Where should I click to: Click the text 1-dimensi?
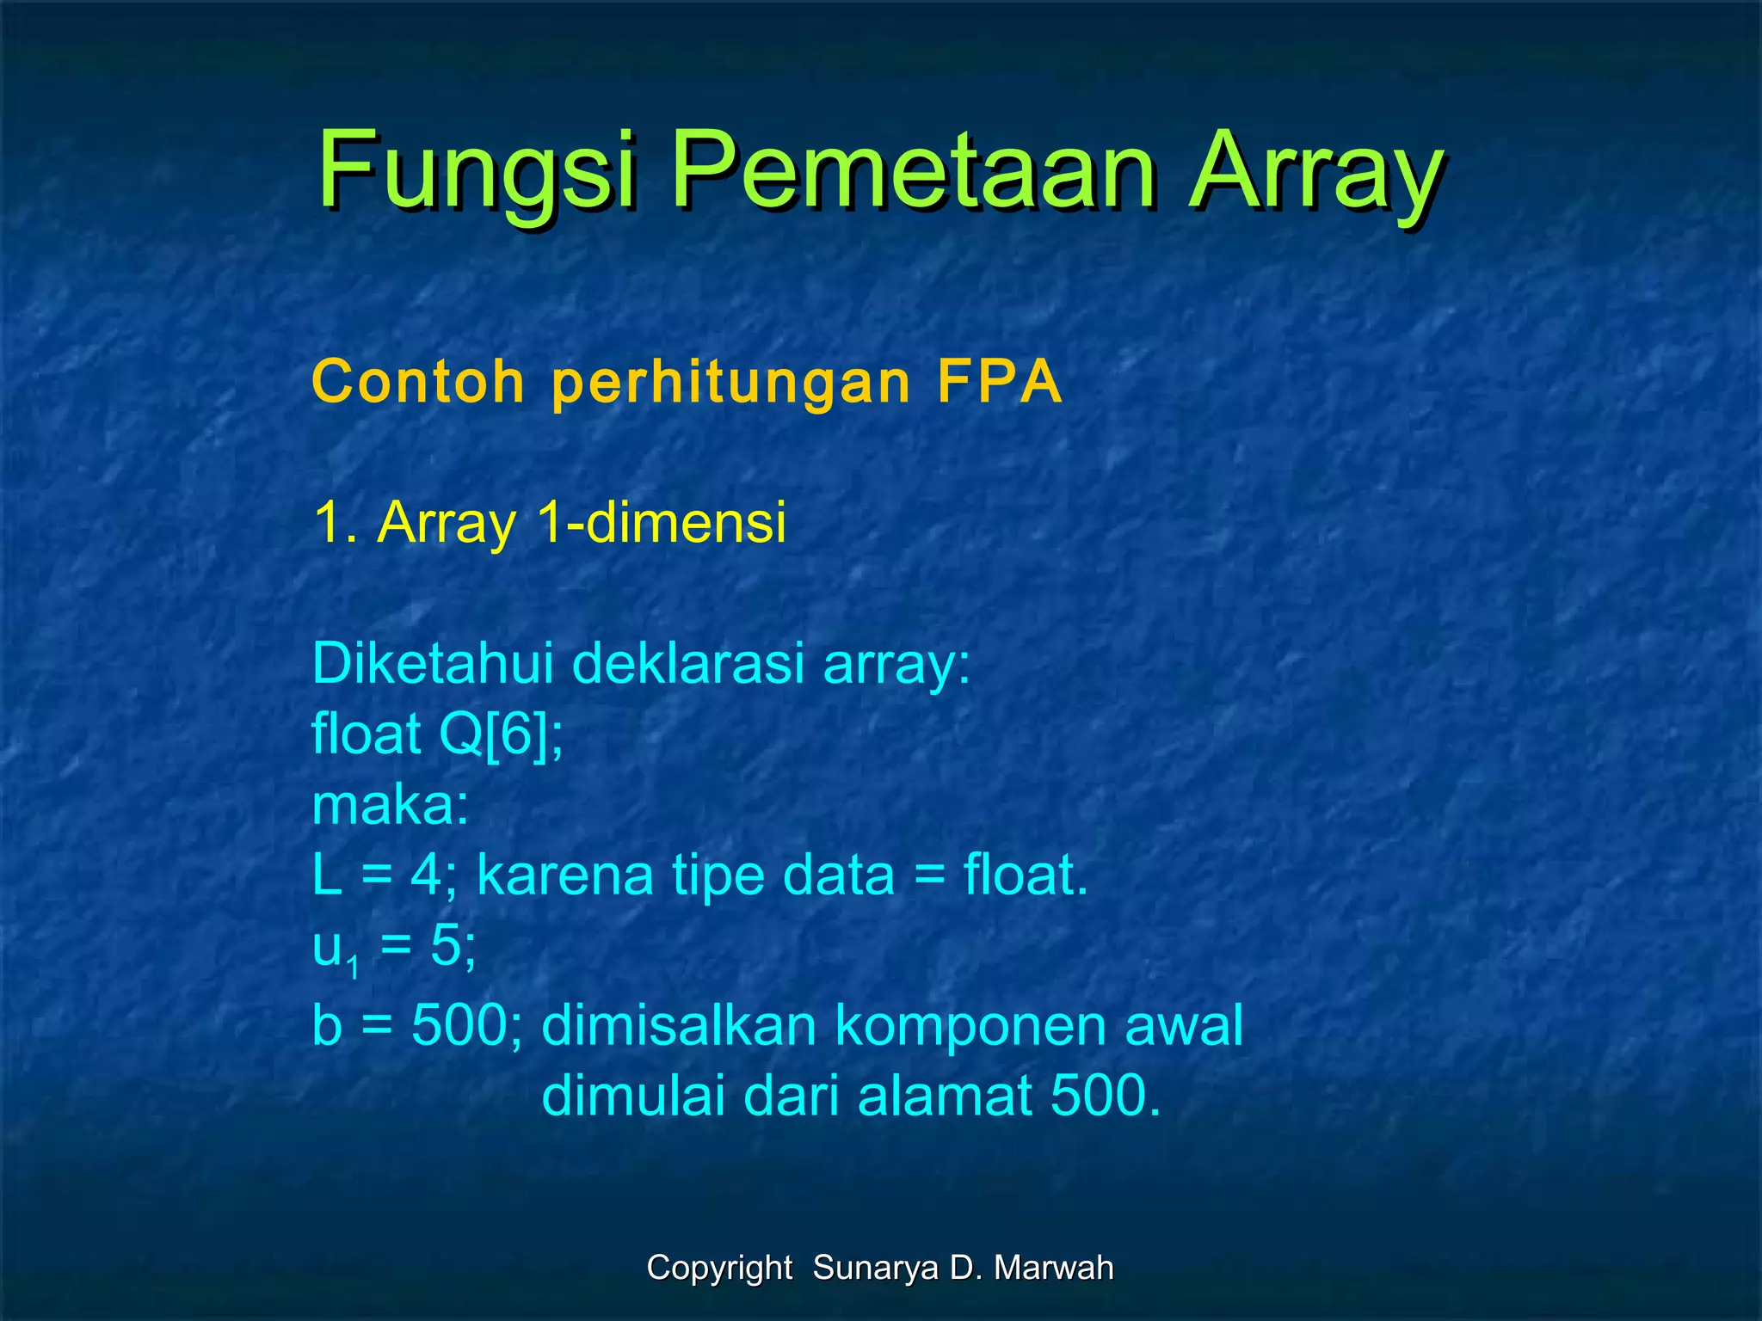tap(661, 522)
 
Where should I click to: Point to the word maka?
tap(391, 806)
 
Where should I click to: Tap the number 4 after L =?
tap(426, 876)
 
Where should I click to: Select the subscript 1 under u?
tap(353, 969)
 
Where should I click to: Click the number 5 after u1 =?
tap(447, 946)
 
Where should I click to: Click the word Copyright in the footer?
tap(719, 1268)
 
